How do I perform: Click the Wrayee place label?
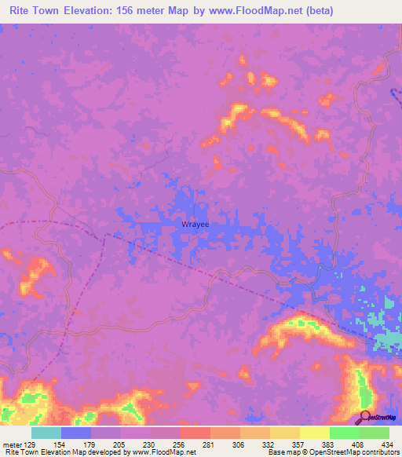[x=196, y=224]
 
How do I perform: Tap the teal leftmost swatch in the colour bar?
[x=46, y=433]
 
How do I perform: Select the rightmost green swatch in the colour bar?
[x=375, y=433]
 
